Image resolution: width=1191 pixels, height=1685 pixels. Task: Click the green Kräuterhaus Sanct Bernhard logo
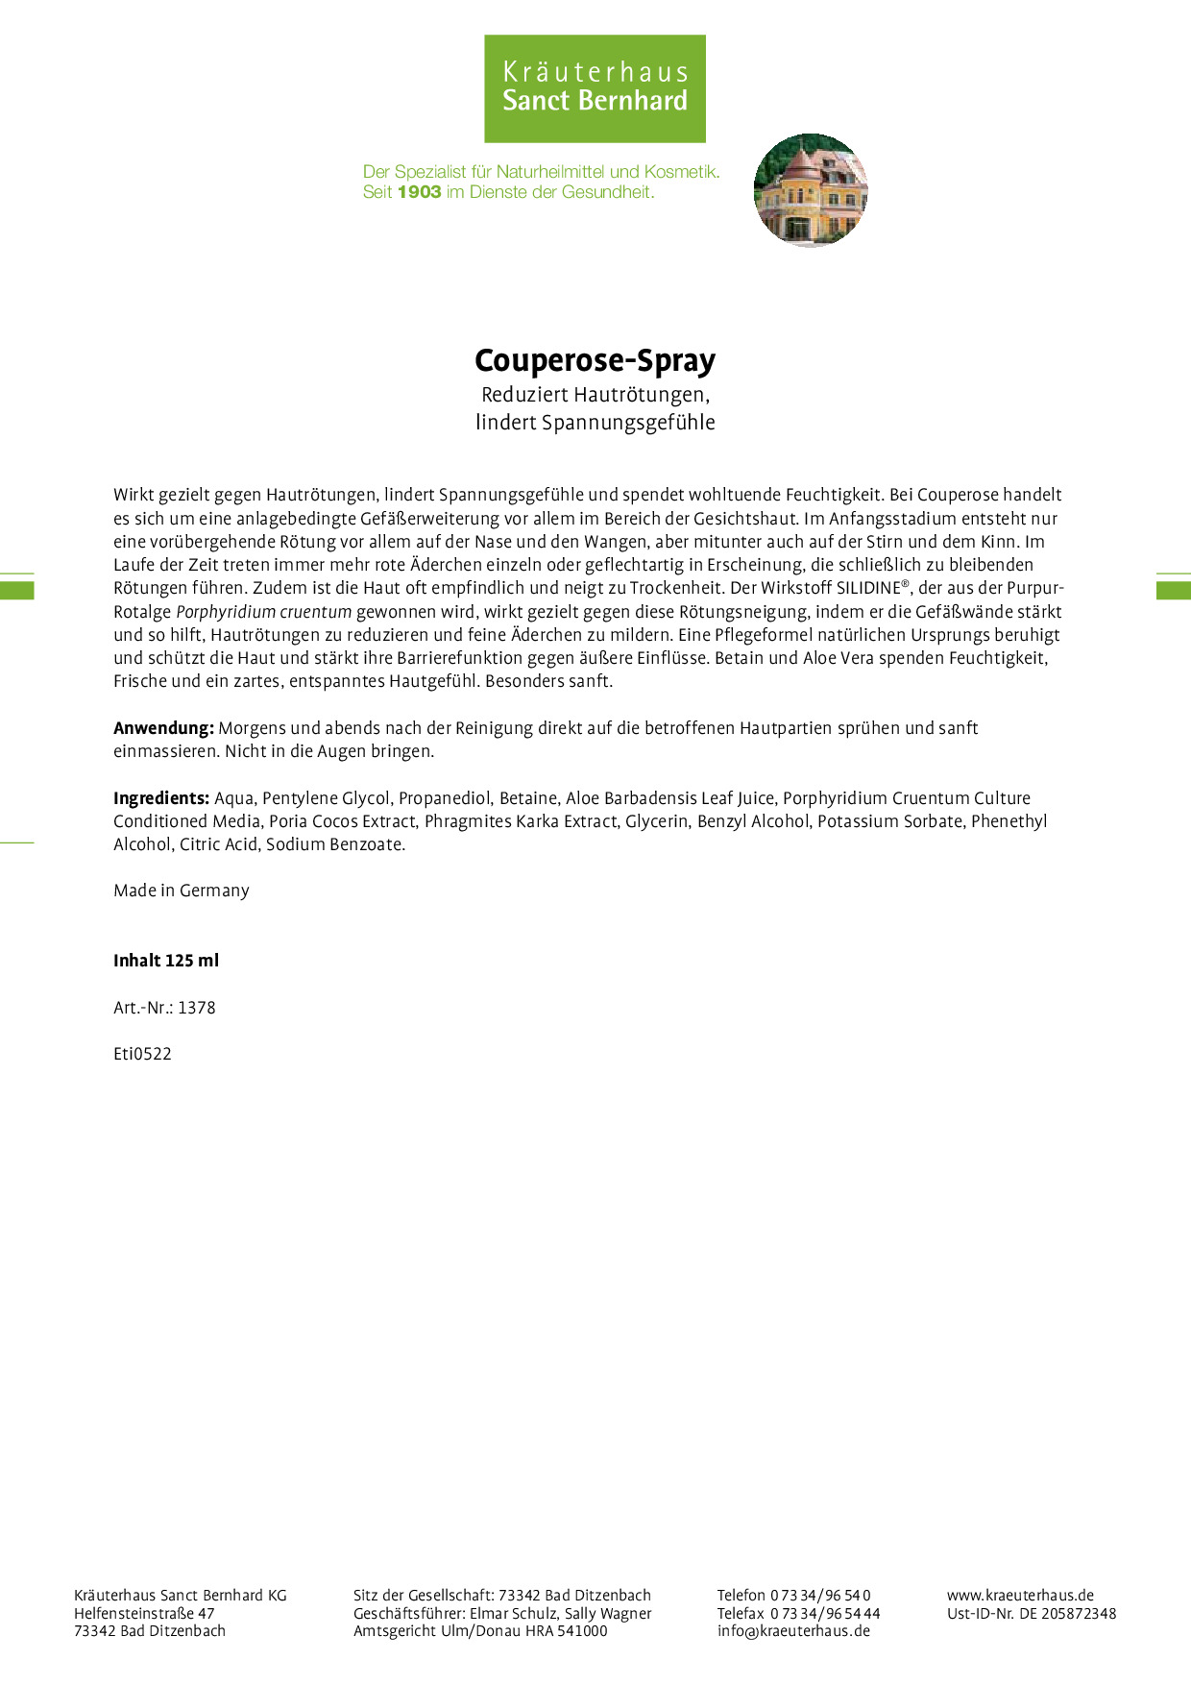[x=595, y=88]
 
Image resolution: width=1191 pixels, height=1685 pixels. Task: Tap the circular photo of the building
[x=811, y=190]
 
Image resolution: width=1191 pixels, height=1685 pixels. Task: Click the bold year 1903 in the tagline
[x=419, y=192]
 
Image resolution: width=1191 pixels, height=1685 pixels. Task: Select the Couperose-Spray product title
[x=595, y=360]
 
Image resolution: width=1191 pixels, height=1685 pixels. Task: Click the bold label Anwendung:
[x=163, y=728]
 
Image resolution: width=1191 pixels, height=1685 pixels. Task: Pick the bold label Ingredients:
[x=161, y=798]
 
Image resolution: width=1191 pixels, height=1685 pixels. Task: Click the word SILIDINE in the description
[x=867, y=588]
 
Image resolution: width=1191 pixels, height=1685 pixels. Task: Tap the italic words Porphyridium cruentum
[x=264, y=612]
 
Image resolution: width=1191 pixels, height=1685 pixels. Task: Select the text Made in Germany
[x=182, y=891]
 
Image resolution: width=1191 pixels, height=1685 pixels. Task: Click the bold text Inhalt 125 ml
[x=166, y=961]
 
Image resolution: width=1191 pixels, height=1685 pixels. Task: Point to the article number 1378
[x=197, y=1008]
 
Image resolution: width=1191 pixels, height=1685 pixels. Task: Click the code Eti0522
[x=142, y=1054]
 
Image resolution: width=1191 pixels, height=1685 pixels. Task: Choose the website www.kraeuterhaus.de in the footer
[x=1020, y=1596]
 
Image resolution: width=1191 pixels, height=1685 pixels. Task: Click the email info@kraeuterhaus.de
[x=793, y=1631]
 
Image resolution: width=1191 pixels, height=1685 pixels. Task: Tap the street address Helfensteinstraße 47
[x=144, y=1614]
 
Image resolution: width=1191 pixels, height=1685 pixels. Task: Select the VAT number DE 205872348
[x=1068, y=1614]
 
